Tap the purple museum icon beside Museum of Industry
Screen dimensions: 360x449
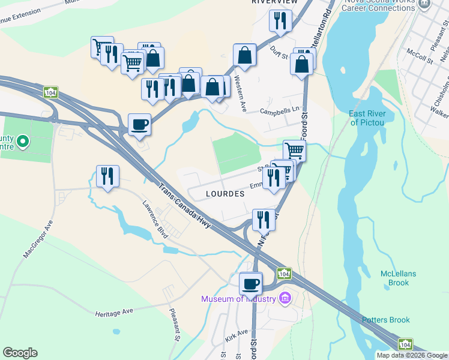coord(285,298)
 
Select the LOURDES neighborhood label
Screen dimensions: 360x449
coord(225,194)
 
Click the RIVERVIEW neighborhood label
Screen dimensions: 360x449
coord(274,2)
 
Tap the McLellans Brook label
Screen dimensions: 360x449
coord(398,278)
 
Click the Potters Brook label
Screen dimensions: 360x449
coord(385,320)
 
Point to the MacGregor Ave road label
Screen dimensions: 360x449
coord(38,238)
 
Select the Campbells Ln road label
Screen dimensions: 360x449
coord(279,111)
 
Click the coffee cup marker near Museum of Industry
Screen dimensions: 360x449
coord(250,283)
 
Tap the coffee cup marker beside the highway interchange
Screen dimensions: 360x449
coord(139,124)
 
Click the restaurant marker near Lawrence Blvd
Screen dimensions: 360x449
coord(107,176)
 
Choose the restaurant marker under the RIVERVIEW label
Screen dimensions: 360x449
coord(280,22)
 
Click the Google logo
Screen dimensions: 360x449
coord(20,353)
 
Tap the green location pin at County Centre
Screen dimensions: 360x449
coord(23,142)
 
